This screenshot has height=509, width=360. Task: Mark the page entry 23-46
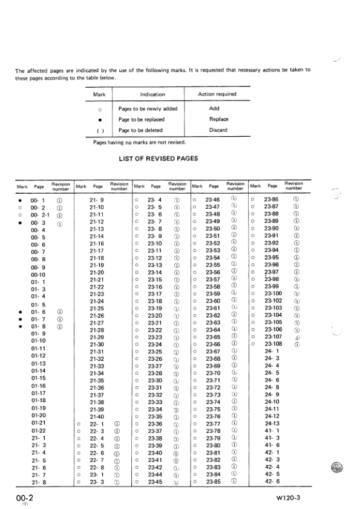pyautogui.click(x=212, y=198)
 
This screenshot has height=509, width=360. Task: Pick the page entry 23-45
pyautogui.click(x=155, y=482)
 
